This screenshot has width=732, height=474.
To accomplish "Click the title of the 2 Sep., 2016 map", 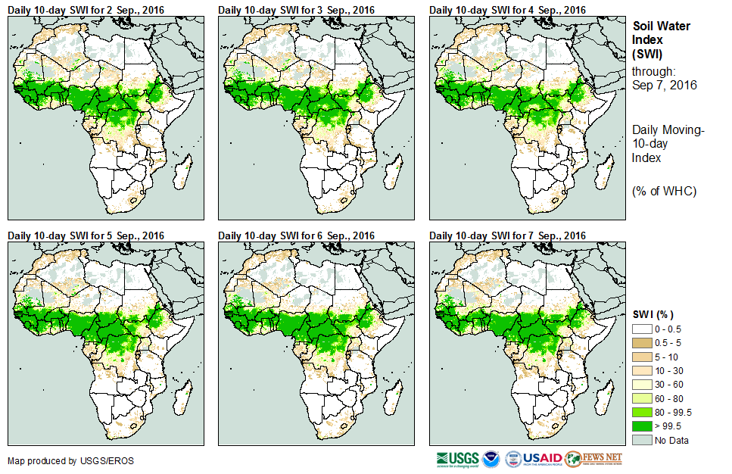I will pos(86,9).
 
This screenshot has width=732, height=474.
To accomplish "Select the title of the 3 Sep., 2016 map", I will pos(297,9).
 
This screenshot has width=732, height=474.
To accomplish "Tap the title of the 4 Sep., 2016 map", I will pos(507,9).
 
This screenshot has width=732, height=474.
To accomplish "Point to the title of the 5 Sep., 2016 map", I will pos(86,235).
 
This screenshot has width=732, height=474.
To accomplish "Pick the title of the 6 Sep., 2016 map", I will pos(297,235).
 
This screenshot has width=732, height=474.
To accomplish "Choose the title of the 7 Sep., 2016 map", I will pos(507,235).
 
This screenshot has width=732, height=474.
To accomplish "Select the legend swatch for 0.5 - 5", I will pos(643,344).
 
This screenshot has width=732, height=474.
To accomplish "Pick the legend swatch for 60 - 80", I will pos(643,399).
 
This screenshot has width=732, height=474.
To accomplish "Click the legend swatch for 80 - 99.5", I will pos(643,413).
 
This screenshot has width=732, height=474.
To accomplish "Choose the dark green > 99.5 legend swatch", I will pos(643,426).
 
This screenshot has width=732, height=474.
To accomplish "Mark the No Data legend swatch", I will pos(643,440).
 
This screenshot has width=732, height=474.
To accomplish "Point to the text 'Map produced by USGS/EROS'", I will pos(60,460).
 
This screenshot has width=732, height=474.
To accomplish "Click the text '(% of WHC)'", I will pos(664,191).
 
